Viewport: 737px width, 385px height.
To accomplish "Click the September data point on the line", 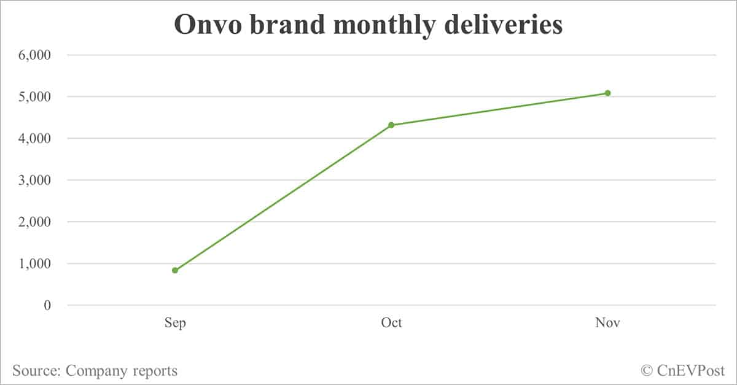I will click(175, 270).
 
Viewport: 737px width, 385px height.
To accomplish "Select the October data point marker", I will click(391, 125).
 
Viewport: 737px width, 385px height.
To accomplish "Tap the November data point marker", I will click(607, 93).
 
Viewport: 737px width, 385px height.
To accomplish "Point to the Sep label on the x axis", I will click(175, 323).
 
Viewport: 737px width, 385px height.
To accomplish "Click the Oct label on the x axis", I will click(391, 323).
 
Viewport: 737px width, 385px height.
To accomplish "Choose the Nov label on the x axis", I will click(607, 323).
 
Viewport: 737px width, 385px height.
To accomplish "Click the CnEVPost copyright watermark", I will click(683, 370).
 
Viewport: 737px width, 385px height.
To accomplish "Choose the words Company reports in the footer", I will click(122, 371).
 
